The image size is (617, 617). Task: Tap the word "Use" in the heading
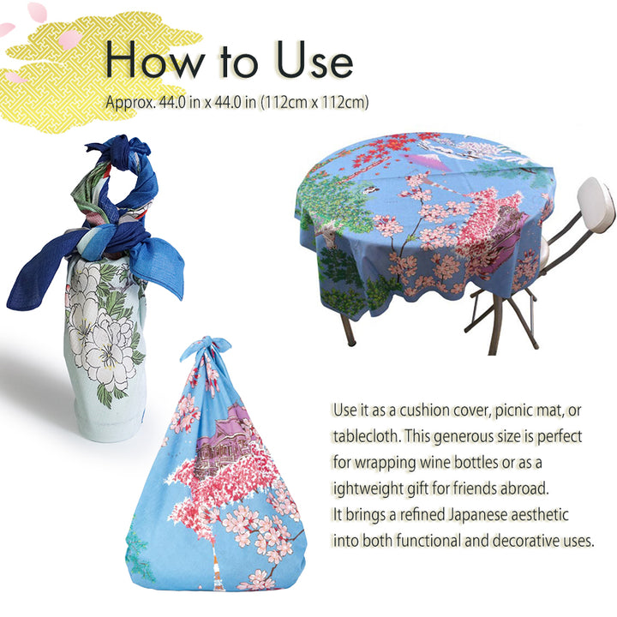click(x=314, y=60)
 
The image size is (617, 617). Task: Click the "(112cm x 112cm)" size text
click(x=314, y=103)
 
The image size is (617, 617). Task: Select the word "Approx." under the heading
click(x=130, y=103)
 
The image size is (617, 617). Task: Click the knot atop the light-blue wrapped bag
click(x=206, y=348)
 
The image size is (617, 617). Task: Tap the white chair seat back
click(x=596, y=204)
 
